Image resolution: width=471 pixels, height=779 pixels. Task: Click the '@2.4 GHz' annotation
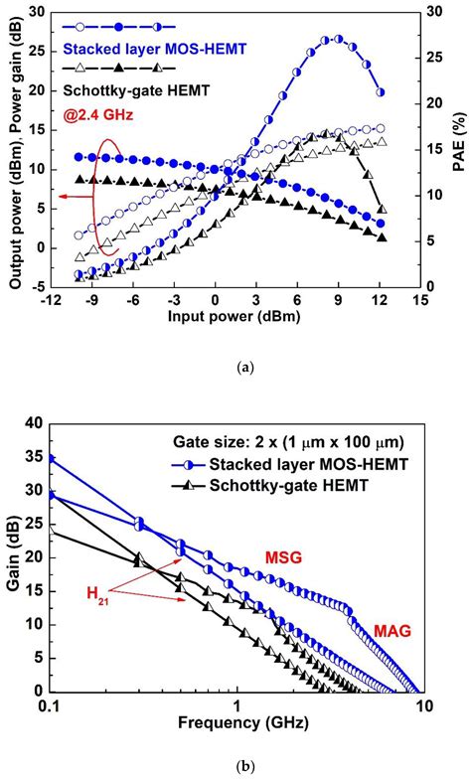click(x=99, y=116)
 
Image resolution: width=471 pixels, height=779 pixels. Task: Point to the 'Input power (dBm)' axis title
click(x=234, y=316)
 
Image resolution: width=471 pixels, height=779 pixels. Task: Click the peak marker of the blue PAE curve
click(x=338, y=39)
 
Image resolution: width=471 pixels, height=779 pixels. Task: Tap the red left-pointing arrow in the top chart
click(x=76, y=197)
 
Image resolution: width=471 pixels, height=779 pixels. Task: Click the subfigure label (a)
click(x=235, y=368)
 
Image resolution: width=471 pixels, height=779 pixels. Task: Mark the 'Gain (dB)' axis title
click(x=15, y=558)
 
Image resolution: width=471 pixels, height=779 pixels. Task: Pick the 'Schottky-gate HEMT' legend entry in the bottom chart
click(x=270, y=485)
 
